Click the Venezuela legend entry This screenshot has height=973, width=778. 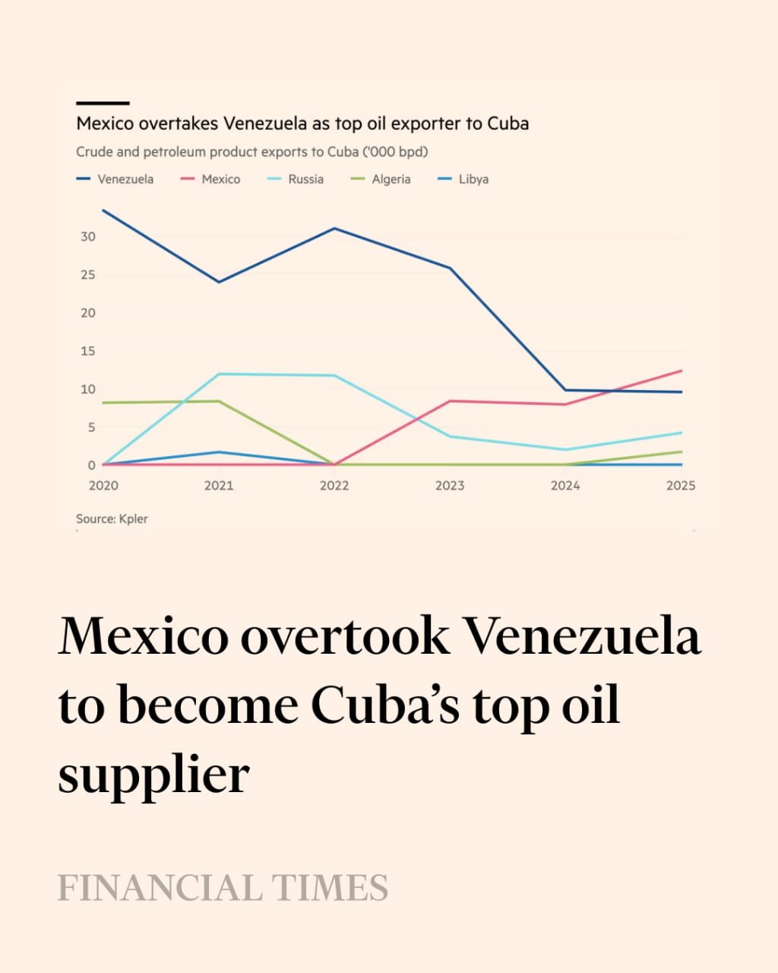pos(116,179)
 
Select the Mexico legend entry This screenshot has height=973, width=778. pos(211,179)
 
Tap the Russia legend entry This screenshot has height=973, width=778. pos(296,179)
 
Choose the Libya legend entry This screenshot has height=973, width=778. pos(464,179)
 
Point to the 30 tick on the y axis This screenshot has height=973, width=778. pos(88,236)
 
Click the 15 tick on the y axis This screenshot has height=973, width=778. pos(88,351)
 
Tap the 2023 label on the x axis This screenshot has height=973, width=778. pos(450,486)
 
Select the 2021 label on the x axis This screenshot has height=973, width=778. pos(219,486)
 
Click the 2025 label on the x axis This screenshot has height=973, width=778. pos(680,486)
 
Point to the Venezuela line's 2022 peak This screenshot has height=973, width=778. pos(334,228)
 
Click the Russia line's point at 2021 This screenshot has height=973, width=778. pos(220,374)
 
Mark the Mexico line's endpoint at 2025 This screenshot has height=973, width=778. pos(682,370)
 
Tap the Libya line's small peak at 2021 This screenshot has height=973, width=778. pos(220,452)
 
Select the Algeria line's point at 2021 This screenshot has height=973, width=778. pos(220,401)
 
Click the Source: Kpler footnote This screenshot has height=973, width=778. pos(112,519)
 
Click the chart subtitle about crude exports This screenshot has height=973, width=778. pos(251,152)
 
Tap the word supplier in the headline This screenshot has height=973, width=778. pos(154,775)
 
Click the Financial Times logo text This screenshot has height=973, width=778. pos(223,888)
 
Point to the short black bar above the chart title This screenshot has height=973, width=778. pos(103,103)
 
